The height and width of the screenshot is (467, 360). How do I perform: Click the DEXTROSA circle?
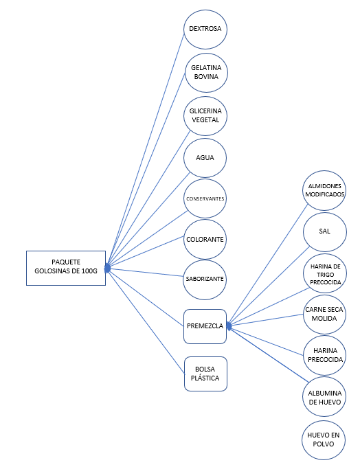click(205, 29)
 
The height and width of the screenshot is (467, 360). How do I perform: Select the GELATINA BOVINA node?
click(206, 73)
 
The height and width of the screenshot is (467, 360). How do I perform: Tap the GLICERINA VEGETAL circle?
click(205, 116)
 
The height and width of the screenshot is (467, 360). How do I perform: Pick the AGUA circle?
click(205, 158)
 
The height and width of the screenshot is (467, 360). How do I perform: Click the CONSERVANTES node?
click(205, 198)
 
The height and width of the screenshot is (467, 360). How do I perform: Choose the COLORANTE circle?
click(205, 239)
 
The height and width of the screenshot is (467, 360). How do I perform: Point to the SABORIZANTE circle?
click(205, 280)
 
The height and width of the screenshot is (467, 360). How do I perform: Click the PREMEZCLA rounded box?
click(205, 326)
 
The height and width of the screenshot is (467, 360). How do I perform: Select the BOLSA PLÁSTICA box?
click(205, 374)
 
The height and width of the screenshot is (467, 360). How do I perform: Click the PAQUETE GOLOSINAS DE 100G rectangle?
click(66, 268)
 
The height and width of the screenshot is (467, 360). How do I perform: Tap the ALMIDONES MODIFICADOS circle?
click(324, 191)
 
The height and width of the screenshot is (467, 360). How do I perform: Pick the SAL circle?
click(324, 232)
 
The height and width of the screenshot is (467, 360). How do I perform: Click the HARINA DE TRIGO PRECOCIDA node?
click(325, 273)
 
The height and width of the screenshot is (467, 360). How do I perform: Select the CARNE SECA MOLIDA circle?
click(324, 315)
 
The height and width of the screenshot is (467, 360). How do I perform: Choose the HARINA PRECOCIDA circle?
click(324, 355)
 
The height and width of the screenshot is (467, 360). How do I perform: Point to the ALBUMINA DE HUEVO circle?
click(324, 397)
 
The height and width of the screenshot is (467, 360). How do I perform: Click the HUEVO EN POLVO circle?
click(324, 440)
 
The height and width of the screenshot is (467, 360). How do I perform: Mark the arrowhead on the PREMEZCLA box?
click(229, 326)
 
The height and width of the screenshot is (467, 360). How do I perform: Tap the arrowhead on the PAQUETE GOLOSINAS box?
click(107, 268)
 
